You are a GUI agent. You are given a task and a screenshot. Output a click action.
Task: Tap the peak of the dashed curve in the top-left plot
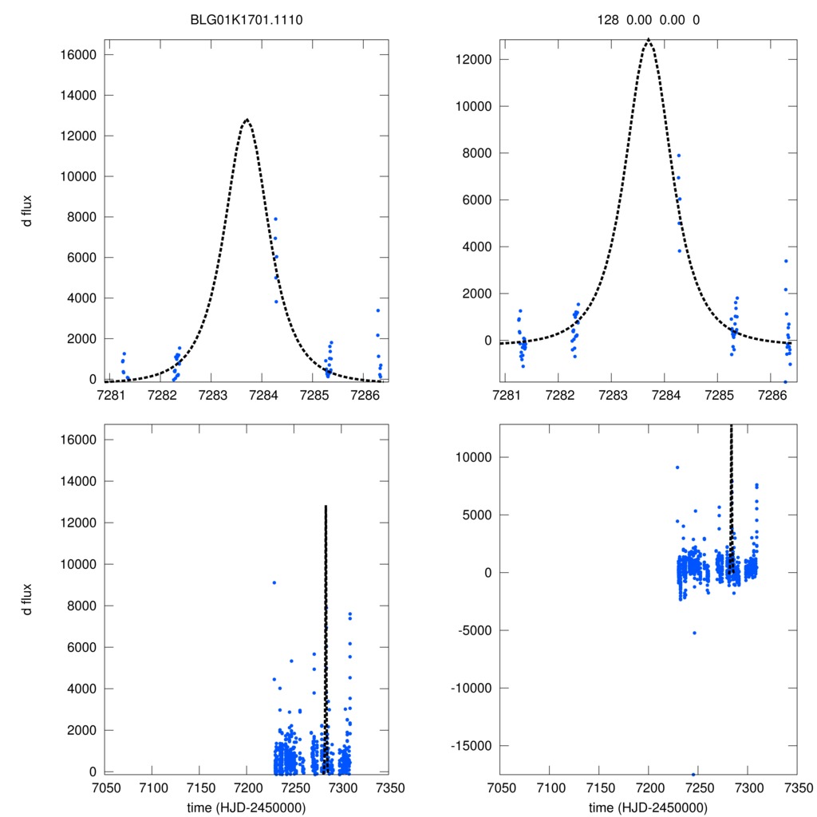click(x=247, y=120)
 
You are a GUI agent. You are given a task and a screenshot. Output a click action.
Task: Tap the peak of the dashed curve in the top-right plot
click(x=648, y=39)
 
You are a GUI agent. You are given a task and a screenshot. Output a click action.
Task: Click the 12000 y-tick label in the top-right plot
click(x=476, y=60)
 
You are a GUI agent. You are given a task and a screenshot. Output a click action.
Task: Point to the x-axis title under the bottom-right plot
click(x=648, y=807)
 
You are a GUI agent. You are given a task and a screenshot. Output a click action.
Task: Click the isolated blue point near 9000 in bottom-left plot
click(x=274, y=582)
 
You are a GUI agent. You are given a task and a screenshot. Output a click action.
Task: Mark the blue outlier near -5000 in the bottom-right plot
click(x=694, y=633)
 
